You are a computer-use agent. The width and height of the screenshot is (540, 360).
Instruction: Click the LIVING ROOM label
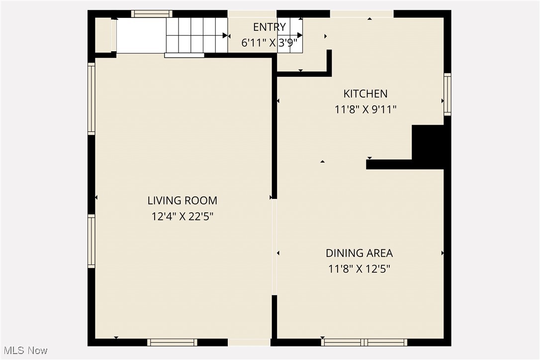click(x=182, y=200)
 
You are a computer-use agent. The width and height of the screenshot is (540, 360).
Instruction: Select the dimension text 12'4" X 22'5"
click(x=182, y=217)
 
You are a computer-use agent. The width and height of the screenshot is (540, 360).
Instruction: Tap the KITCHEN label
click(x=365, y=93)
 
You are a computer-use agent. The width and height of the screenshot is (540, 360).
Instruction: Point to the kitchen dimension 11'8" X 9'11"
click(x=365, y=109)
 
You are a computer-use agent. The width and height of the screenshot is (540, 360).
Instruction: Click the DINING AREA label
click(x=359, y=253)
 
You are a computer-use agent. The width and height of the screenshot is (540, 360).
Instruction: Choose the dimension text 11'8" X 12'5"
click(x=359, y=269)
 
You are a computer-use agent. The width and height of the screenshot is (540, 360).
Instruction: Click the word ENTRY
click(x=270, y=27)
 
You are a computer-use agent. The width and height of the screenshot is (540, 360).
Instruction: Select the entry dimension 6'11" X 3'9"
click(x=269, y=43)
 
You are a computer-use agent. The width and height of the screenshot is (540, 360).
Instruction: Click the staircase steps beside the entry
click(x=196, y=35)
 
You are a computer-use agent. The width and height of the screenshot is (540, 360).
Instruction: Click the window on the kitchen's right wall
click(x=447, y=94)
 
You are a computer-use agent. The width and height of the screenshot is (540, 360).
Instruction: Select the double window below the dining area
click(x=364, y=342)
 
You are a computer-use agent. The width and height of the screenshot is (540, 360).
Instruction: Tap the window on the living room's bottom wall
click(x=173, y=342)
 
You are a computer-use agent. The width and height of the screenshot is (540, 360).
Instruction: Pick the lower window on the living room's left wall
click(x=91, y=241)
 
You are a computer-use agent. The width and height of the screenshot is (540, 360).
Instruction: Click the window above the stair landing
click(x=152, y=14)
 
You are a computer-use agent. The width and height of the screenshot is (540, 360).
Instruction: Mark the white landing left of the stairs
click(x=141, y=35)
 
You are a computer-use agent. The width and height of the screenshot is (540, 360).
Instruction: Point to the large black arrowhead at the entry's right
click(x=299, y=35)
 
